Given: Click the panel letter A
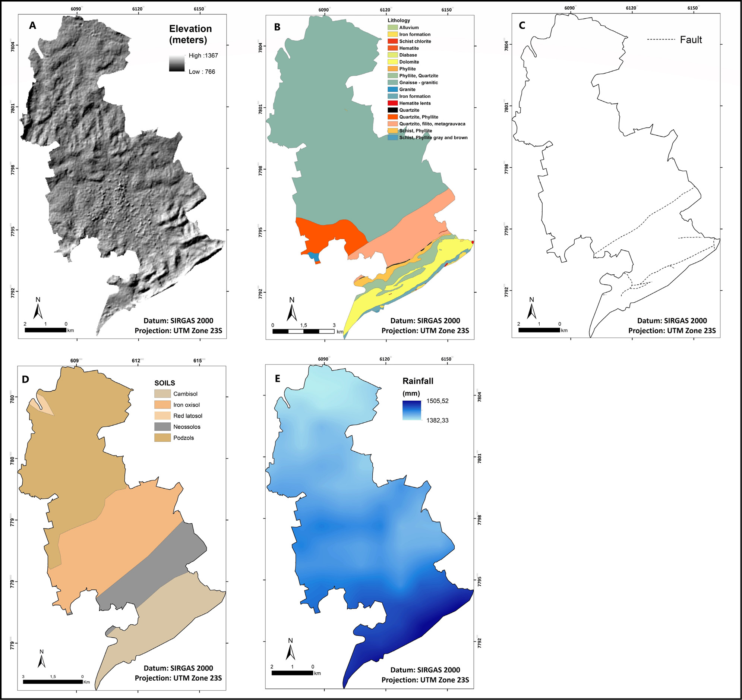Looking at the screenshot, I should coord(32,25).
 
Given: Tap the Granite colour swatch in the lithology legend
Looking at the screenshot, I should coord(392,89).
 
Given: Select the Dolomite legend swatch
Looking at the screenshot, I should coord(392,62).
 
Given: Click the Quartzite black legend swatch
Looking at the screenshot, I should coord(392,110).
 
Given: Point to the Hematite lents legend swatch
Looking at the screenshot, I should coord(392,103).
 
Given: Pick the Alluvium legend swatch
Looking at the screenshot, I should coord(392,28).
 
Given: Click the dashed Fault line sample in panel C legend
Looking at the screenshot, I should coord(661,40).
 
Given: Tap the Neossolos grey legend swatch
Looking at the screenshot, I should coord(162,427).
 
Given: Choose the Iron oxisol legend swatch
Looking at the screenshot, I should coord(162,405).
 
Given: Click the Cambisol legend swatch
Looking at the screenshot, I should coord(162,394).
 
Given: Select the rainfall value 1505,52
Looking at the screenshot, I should coord(437,401).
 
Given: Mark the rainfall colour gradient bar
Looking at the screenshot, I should coord(412,410).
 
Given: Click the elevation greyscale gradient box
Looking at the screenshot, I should coord(177,63).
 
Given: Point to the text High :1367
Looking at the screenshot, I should coord(203,56).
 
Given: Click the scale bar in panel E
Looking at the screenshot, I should coord(292,673).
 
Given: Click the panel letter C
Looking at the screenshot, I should coord(522,25).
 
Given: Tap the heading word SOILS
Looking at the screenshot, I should coord(165,383).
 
